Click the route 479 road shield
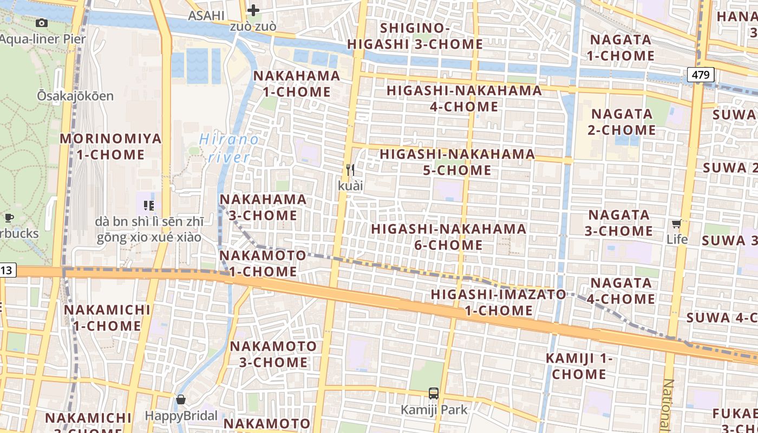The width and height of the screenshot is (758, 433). tap(701, 75)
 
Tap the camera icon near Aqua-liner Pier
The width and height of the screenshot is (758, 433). tap(41, 23)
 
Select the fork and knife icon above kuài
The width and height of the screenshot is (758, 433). tap(350, 170)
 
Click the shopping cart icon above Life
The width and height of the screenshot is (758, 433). tap(677, 224)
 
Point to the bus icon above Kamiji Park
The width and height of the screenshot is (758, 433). tap(433, 393)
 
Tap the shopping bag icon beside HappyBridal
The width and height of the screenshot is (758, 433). tap(181, 400)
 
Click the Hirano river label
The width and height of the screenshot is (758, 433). tap(229, 148)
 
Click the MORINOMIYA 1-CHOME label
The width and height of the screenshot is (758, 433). tap(110, 147)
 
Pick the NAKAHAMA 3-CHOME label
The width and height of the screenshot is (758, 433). tap(263, 207)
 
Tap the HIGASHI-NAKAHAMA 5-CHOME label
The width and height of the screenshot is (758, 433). tap(458, 162)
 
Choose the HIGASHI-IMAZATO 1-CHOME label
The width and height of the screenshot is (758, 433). tap(499, 303)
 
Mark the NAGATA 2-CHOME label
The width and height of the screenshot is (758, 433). tap(622, 122)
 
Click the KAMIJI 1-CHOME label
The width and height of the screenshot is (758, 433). tap(579, 366)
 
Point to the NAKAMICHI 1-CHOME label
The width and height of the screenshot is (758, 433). tap(107, 318)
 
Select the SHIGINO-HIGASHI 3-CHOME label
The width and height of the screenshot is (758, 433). tap(415, 36)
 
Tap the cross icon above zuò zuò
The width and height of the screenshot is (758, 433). tap(253, 10)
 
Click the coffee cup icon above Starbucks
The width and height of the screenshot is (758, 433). tap(9, 218)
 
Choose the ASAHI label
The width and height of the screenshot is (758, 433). tap(206, 16)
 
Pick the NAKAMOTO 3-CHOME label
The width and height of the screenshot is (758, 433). tap(274, 354)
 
